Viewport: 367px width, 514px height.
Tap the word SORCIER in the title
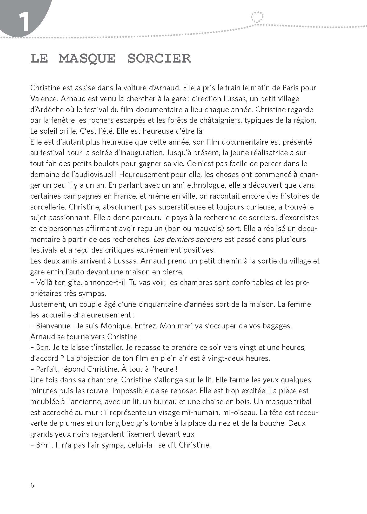(159, 58)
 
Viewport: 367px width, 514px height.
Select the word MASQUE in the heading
(87, 58)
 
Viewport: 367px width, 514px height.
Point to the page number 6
(32, 485)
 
